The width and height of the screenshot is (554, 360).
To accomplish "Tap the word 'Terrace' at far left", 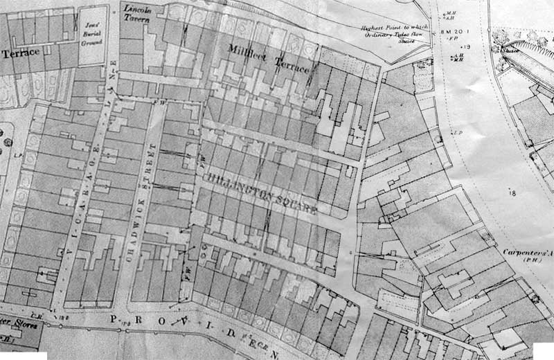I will click(x=21, y=53).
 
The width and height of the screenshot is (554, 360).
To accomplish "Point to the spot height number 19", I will click(x=467, y=46).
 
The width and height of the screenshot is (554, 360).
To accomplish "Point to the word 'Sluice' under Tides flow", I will click(x=405, y=41).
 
